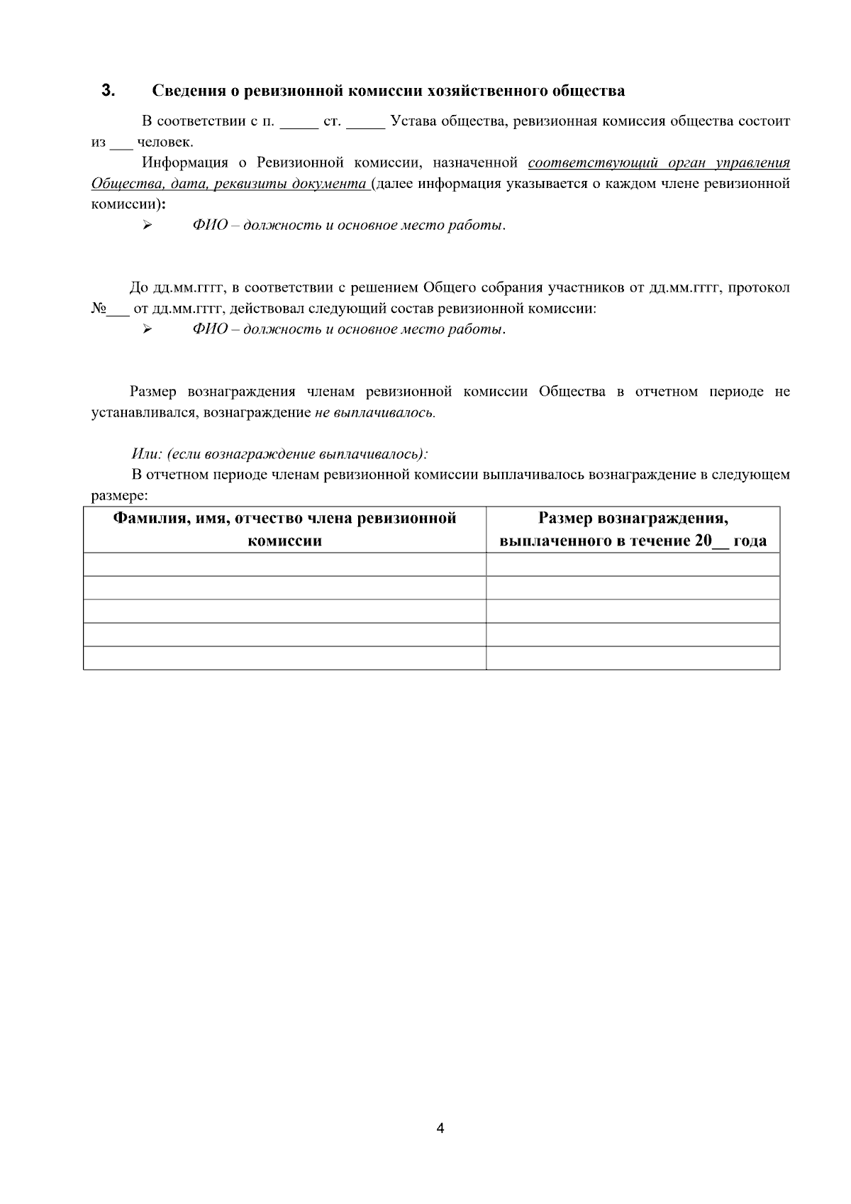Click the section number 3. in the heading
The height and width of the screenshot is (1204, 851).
pos(108,91)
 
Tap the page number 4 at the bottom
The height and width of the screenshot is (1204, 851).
pos(440,1128)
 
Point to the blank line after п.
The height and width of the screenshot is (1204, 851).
pos(299,122)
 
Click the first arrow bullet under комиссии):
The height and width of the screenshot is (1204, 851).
pos(147,226)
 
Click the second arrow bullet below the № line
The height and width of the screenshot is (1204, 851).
pos(147,329)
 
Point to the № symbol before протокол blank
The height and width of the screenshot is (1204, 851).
pos(99,309)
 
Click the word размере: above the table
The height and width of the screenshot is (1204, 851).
pos(119,495)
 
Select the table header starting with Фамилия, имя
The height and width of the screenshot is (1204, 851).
pos(284,529)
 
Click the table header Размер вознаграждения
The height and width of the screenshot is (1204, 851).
pos(633,529)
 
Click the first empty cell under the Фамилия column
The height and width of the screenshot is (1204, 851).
pos(284,564)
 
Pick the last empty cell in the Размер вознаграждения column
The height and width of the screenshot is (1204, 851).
pos(633,658)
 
